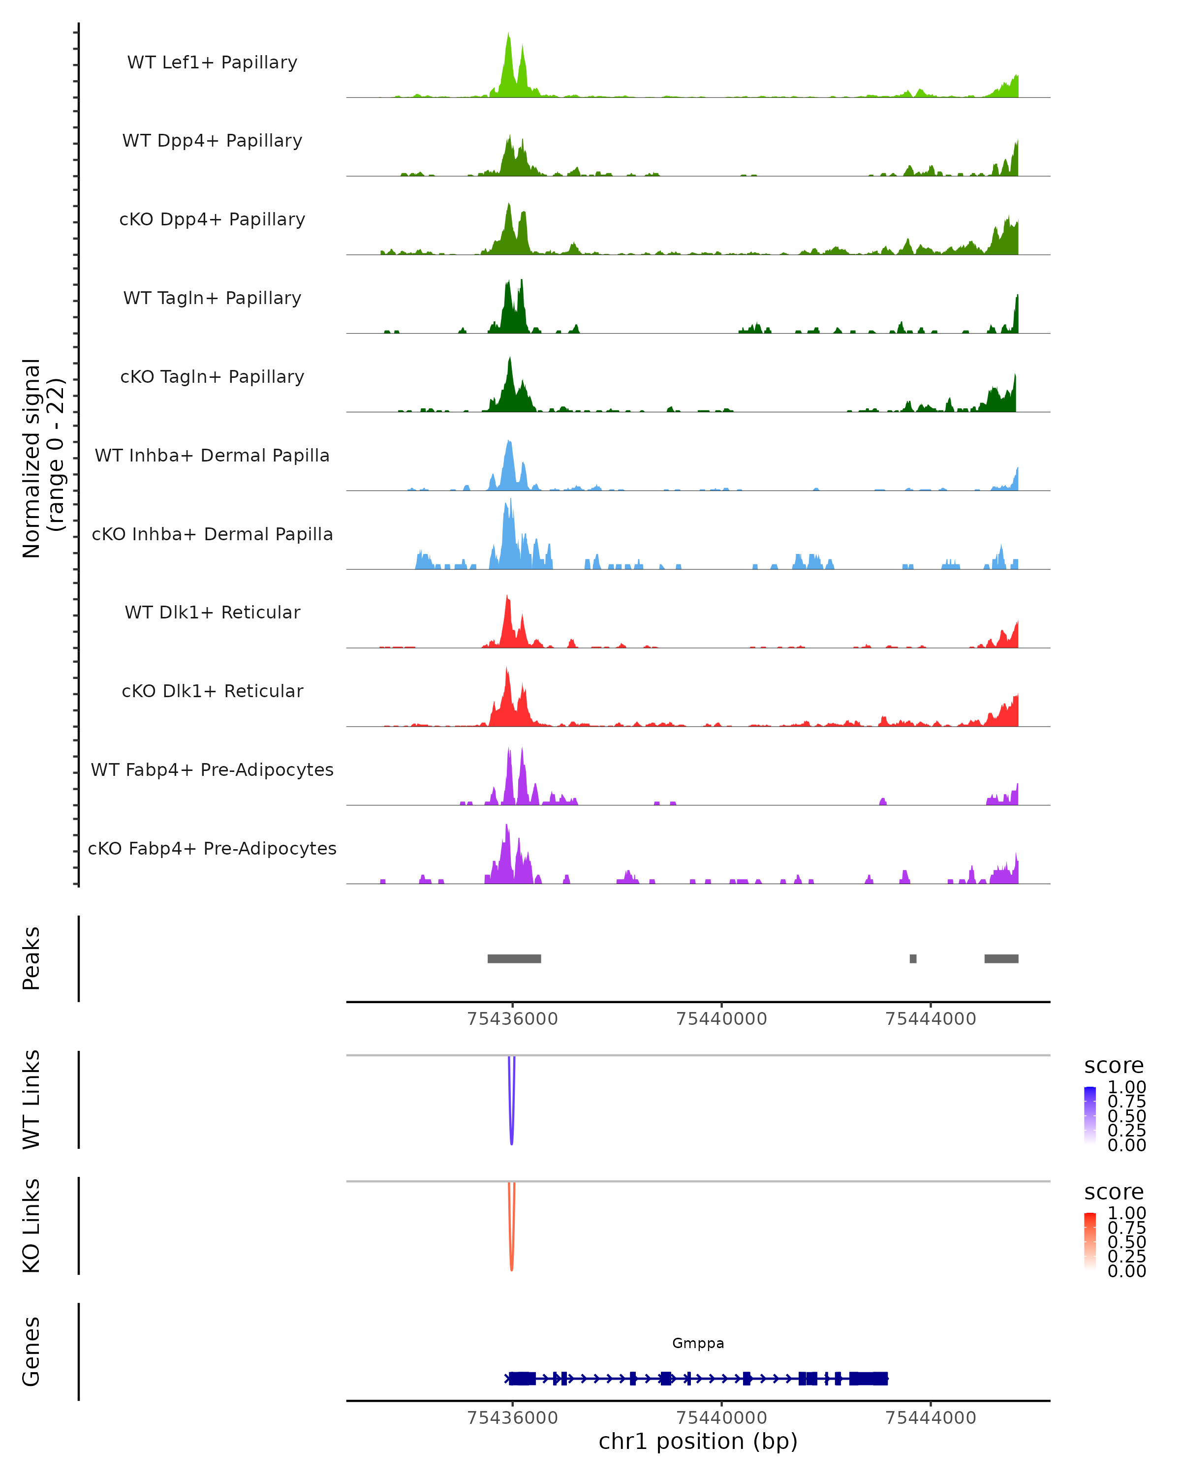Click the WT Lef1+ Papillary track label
(212, 62)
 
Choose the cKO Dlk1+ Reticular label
(212, 691)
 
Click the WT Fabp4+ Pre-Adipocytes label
(212, 769)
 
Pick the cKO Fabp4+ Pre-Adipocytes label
(212, 848)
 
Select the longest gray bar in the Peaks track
(514, 958)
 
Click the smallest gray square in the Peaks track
(913, 958)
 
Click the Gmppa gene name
(698, 1343)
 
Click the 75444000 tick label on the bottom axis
(931, 1418)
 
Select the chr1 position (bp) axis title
(698, 1441)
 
